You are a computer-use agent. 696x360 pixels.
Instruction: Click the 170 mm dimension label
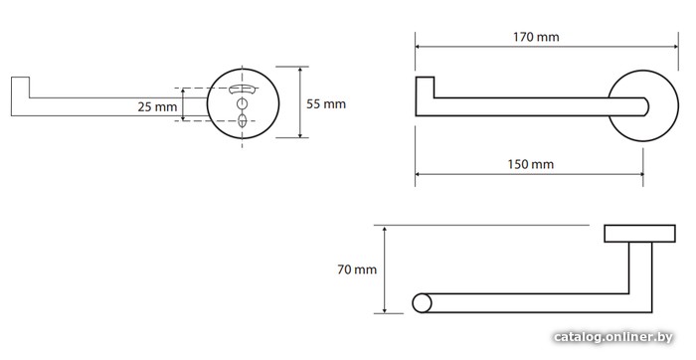(536, 37)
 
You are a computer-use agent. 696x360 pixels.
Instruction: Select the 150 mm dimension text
(531, 165)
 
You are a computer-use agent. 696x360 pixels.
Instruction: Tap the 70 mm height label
(357, 270)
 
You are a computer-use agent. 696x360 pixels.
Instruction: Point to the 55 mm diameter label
(326, 103)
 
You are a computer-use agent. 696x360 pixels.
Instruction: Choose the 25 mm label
(157, 107)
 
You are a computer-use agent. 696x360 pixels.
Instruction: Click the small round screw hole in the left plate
(242, 103)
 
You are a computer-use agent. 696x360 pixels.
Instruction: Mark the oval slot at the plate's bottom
(242, 120)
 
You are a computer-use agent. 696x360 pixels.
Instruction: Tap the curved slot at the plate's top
(243, 89)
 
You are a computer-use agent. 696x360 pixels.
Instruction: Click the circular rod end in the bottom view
(422, 303)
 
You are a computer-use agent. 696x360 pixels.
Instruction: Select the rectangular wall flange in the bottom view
(639, 234)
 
